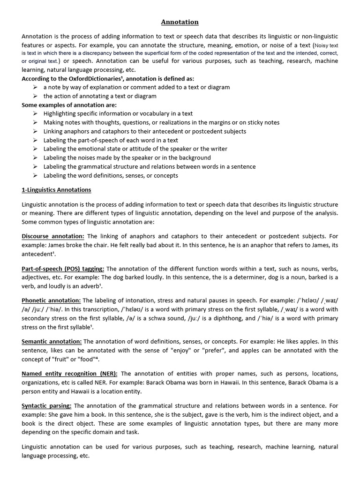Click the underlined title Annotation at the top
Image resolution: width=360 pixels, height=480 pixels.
click(x=180, y=22)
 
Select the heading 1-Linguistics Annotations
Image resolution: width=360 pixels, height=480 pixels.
click(x=56, y=190)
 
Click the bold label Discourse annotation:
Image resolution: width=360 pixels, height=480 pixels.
click(x=53, y=236)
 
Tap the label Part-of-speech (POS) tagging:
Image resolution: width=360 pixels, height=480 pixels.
click(x=63, y=269)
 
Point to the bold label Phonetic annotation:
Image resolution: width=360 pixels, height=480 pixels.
click(x=51, y=300)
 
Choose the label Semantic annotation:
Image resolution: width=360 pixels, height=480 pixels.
click(x=52, y=342)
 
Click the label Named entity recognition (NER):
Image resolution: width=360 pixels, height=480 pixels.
click(x=70, y=374)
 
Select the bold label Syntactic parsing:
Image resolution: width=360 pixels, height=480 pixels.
click(x=46, y=405)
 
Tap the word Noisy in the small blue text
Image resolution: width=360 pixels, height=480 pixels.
click(x=322, y=46)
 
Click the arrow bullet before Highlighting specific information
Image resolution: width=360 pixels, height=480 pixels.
click(x=36, y=113)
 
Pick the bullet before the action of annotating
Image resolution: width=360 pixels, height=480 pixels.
click(x=36, y=96)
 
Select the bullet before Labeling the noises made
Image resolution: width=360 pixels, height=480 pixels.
click(x=36, y=157)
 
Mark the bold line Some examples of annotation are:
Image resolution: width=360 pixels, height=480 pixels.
click(x=69, y=105)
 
